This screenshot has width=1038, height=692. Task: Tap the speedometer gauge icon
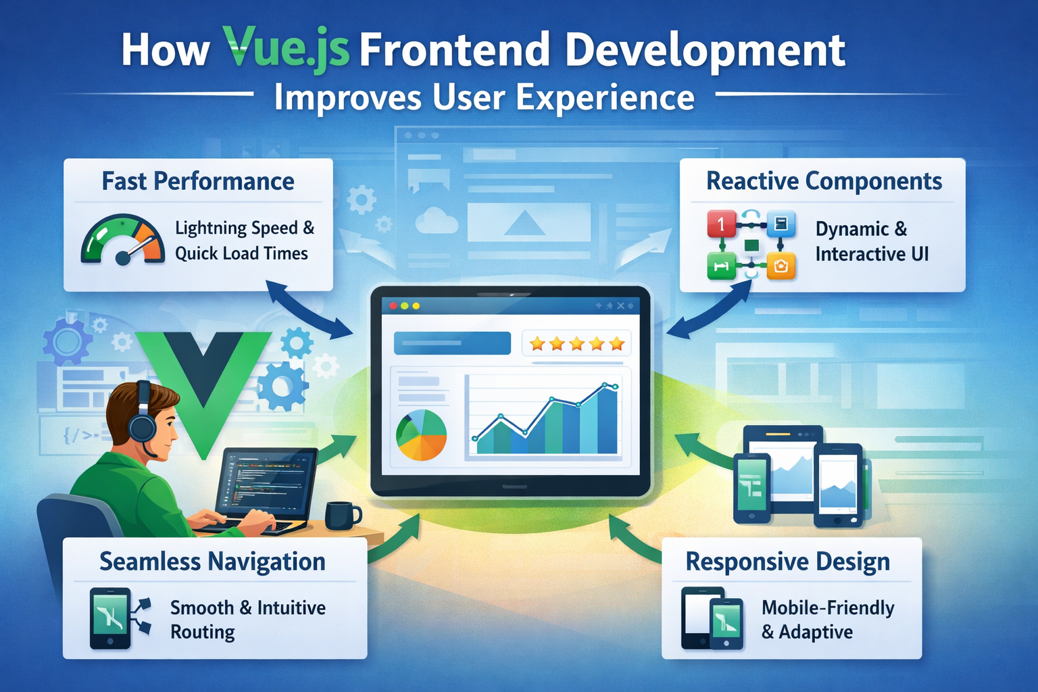click(x=123, y=239)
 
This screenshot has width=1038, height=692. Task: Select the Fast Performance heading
click(x=198, y=181)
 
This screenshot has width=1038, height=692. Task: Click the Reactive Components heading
click(x=824, y=180)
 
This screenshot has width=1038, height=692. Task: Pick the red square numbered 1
click(x=722, y=224)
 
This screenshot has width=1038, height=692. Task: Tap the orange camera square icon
click(x=781, y=266)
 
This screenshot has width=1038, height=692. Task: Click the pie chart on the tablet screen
click(x=421, y=435)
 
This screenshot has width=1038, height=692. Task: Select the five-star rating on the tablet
click(x=576, y=344)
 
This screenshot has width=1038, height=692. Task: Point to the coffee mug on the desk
click(x=343, y=516)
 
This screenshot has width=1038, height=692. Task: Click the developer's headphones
click(x=143, y=417)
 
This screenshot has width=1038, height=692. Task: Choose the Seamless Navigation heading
click(x=213, y=562)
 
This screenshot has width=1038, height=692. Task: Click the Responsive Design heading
click(x=788, y=562)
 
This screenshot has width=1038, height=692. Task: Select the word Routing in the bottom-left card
click(x=203, y=633)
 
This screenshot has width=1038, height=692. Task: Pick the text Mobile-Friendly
click(x=828, y=608)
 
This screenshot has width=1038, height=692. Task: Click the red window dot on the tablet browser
click(x=393, y=306)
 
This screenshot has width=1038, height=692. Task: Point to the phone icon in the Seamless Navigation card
click(x=110, y=618)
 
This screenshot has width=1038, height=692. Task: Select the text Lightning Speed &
click(x=245, y=228)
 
